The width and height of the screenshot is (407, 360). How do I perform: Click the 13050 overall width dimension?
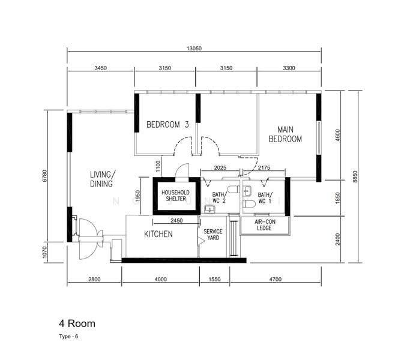194,49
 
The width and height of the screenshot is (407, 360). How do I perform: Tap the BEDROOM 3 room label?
167,125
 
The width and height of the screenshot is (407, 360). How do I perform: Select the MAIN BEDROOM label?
285,134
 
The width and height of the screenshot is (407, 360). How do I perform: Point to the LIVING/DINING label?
102,179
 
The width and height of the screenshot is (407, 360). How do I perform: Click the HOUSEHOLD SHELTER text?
176,196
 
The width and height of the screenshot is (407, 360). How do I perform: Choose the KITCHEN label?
158,234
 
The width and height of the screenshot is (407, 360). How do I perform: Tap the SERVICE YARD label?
213,235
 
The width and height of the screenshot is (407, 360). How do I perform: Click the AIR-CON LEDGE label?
265,225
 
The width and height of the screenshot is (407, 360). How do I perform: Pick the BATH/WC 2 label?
219,197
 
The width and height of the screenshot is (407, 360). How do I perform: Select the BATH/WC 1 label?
265,198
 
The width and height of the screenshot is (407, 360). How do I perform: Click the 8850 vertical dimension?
355,176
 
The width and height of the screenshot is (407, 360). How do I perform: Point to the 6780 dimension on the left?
45,176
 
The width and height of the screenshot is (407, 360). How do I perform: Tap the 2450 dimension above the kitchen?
176,220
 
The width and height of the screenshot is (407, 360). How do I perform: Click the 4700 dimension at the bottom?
276,280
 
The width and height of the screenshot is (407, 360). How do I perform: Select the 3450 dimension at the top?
101,68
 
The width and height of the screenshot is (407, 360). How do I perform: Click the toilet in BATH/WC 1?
250,204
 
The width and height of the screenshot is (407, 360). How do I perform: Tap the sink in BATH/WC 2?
210,209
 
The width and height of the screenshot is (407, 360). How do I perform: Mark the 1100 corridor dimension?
158,167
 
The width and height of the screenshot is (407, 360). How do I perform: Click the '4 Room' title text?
77,323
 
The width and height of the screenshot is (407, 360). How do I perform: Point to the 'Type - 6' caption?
68,337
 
